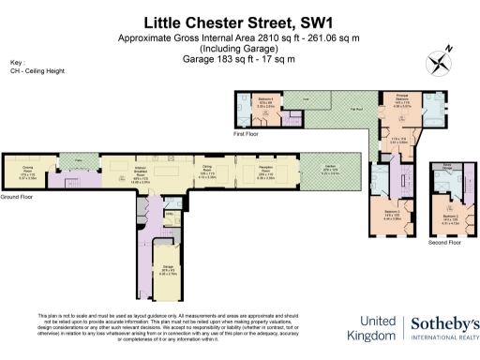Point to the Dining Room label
207,169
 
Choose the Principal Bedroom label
399,102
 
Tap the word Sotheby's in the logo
443,323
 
